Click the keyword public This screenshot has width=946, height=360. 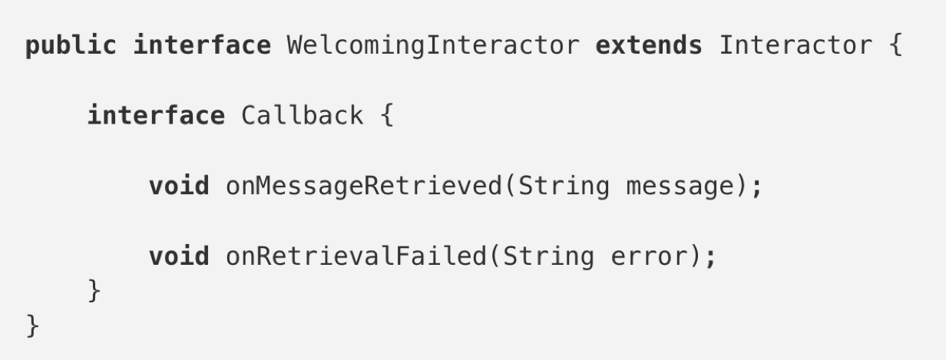[71, 46]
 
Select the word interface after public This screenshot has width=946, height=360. [202, 46]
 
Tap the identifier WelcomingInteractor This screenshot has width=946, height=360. [433, 46]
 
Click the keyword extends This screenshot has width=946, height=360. [649, 46]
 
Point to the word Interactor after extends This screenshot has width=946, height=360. [795, 46]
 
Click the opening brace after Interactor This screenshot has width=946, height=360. [895, 46]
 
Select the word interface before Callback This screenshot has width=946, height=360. [156, 116]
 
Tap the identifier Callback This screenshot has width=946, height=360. [302, 116]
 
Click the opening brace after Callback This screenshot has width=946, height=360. [386, 116]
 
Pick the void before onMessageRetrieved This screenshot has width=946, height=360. [179, 187]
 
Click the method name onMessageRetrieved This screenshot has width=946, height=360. [362, 187]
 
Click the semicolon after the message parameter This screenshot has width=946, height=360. [758, 187]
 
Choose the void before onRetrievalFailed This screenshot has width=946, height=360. [179, 256]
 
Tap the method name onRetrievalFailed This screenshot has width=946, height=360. [355, 256]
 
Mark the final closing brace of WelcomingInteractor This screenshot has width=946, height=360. [32, 325]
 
